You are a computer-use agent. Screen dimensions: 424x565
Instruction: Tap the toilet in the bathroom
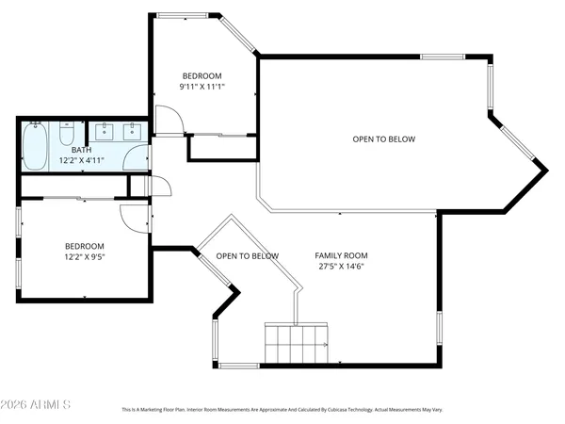pos(67,135)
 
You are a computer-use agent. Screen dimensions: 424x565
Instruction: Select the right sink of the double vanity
pos(131,132)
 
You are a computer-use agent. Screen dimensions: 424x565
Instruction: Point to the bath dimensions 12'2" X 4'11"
pos(81,161)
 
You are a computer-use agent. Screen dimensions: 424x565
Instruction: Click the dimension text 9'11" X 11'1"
pos(202,87)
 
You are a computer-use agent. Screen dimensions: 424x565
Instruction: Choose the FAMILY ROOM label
pos(341,255)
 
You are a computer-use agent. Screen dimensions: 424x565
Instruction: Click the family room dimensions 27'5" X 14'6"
pos(341,266)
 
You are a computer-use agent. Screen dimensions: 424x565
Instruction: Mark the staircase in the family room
pos(296,343)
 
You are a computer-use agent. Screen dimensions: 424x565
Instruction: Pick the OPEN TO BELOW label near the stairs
pos(247,256)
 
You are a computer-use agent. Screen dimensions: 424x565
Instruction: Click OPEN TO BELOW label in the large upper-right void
pos(383,139)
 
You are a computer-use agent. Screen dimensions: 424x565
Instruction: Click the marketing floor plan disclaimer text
pos(282,410)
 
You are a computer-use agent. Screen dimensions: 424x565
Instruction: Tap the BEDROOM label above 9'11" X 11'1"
pos(202,75)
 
